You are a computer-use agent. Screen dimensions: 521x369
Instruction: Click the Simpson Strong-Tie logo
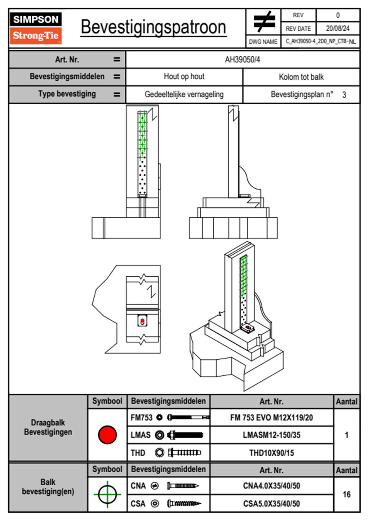pos(36,28)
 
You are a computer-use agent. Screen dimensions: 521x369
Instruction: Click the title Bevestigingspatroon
pos(153,27)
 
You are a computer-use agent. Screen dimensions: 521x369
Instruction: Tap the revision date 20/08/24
pos(337,28)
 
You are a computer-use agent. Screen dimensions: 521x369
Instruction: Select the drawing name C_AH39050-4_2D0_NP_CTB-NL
pos(320,42)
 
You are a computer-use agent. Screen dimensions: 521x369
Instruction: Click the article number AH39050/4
pos(242,59)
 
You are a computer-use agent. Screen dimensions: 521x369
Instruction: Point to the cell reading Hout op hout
pos(184,77)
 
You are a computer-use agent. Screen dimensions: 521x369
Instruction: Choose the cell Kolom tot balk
pos(301,77)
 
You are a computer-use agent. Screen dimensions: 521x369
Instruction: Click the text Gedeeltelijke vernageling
pos(184,94)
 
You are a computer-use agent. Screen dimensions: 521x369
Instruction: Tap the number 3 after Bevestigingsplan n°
pos(344,95)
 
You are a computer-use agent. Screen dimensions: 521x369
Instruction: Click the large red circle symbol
pos(107,435)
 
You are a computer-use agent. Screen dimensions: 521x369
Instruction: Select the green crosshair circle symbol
pos(107,494)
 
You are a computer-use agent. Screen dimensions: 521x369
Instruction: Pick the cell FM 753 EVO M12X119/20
pos(271,418)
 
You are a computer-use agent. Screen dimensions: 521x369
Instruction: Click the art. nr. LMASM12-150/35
pos(271,435)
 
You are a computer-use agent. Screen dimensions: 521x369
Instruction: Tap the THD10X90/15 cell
pos(271,453)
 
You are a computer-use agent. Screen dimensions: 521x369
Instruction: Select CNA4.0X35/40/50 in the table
pos(271,486)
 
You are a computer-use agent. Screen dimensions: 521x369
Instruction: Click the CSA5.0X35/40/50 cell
pos(271,504)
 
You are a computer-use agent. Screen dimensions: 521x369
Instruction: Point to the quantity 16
pos(347,494)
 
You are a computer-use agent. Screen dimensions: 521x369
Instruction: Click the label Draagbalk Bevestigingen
pos(48,427)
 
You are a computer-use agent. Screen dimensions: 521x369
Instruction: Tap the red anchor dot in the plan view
pos(142,321)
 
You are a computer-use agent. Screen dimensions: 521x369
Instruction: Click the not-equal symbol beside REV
pos(264,22)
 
